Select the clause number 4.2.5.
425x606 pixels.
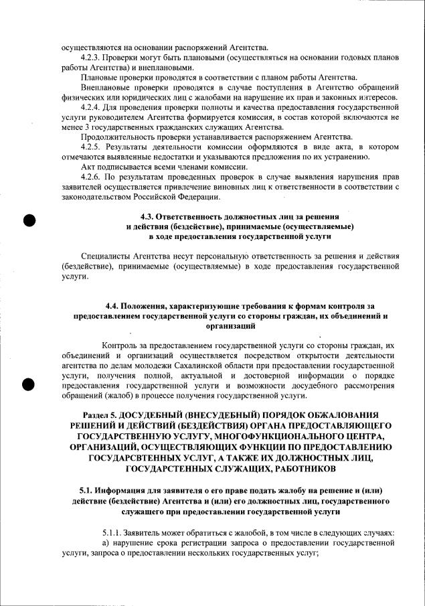tap(90, 147)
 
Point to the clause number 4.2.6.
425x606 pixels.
tap(90, 176)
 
